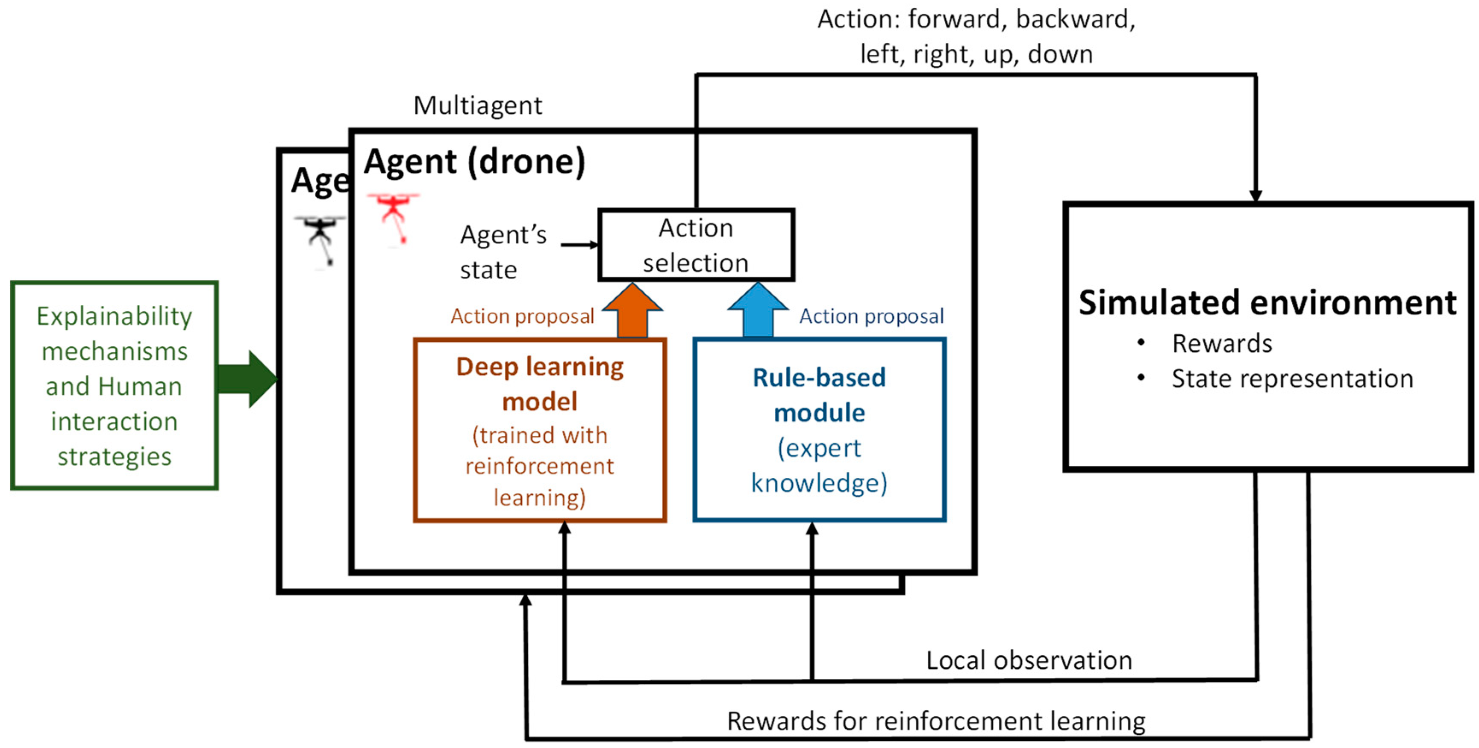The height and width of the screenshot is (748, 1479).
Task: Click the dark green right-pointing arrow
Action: pos(247,379)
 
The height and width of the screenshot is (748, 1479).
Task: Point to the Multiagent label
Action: pos(477,106)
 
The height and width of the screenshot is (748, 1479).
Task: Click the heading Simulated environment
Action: pos(1267,303)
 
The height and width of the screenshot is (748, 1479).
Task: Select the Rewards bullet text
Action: pos(1222,343)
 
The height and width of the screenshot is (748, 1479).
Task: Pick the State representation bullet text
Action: pos(1292,378)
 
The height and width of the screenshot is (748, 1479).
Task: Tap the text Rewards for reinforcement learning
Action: pos(936,721)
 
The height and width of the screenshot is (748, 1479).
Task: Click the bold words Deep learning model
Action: pos(540,384)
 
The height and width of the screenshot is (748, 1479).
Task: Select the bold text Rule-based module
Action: pos(819,395)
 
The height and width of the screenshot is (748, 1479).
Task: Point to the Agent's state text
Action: pos(503,251)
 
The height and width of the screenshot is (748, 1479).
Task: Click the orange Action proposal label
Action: pos(522,316)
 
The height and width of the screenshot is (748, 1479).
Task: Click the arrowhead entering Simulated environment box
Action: pos(1256,195)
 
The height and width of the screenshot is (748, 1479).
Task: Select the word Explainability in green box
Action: pos(114,316)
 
